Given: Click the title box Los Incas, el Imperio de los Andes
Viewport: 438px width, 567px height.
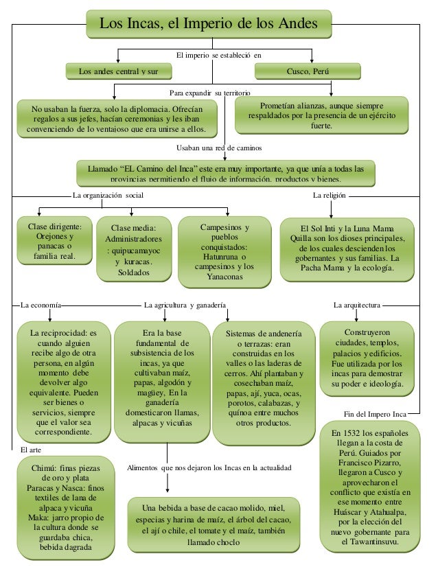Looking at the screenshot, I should [209, 24].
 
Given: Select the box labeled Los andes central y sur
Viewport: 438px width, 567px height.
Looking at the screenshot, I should [117, 71].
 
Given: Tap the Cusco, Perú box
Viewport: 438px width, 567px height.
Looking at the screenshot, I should [312, 71].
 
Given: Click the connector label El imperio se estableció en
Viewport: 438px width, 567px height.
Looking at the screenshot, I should [218, 54].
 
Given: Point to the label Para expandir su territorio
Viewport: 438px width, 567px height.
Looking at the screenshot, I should [209, 92].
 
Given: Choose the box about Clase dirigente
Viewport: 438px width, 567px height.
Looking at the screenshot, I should [55, 241].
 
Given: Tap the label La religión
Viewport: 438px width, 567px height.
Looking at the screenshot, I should [329, 196].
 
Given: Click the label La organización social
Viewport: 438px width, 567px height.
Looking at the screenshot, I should [108, 196].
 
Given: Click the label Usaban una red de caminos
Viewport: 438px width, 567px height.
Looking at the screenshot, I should [218, 148].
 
